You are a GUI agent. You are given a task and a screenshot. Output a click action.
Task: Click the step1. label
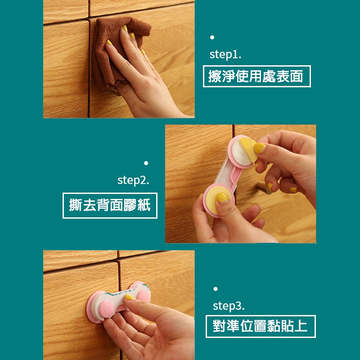tap(225, 54)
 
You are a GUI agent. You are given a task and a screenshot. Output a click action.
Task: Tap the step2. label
tap(133, 180)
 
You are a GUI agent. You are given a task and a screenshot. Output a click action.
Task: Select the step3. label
tap(229, 306)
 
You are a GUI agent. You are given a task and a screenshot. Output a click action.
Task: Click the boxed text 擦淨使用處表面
tap(256, 76)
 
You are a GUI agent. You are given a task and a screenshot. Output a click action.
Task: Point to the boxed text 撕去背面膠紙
tap(110, 206)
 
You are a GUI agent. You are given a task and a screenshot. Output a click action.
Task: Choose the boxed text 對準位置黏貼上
tap(261, 326)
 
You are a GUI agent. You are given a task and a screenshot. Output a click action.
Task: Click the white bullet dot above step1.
tap(212, 37)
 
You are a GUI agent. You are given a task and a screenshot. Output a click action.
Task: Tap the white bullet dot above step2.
tap(146, 163)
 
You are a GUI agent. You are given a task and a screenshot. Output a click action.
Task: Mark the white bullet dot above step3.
tap(216, 289)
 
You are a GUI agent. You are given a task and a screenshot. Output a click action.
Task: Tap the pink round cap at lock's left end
tap(106, 309)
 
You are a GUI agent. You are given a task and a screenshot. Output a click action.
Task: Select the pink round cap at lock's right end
tap(144, 295)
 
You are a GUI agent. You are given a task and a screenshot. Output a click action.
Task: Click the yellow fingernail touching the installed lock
tap(130, 297)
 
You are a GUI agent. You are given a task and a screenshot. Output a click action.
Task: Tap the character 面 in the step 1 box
tap(296, 76)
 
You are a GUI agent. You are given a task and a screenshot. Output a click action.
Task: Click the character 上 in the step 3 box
tap(301, 326)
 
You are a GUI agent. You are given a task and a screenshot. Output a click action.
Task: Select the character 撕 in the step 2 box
tap(76, 205)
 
